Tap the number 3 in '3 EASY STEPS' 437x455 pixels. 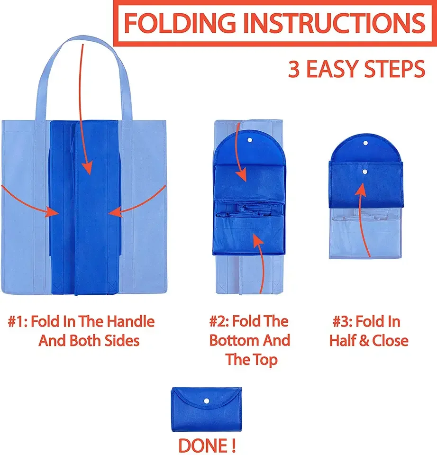click(x=294, y=69)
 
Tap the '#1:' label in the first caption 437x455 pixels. click(x=18, y=322)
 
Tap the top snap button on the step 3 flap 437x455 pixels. click(x=365, y=143)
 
